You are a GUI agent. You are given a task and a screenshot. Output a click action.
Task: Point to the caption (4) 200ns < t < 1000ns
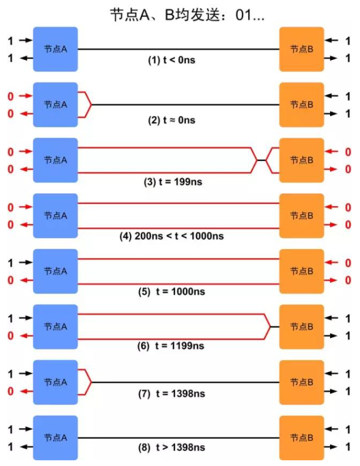tap(179, 236)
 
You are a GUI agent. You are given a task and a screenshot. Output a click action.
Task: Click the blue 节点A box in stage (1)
tap(55, 49)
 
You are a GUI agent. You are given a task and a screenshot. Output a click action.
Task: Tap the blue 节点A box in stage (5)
tap(55, 272)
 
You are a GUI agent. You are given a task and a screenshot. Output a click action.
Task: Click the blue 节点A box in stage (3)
tap(55, 160)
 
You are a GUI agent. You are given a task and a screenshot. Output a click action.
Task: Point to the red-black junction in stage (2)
tap(91, 104)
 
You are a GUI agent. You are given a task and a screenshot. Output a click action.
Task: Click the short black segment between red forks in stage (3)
tap(261, 160)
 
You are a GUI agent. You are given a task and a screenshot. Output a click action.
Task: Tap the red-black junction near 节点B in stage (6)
tap(270, 327)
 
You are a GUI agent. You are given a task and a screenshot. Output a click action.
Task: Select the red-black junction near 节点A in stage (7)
tap(91, 382)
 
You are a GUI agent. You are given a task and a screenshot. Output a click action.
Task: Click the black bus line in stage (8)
tap(179, 438)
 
